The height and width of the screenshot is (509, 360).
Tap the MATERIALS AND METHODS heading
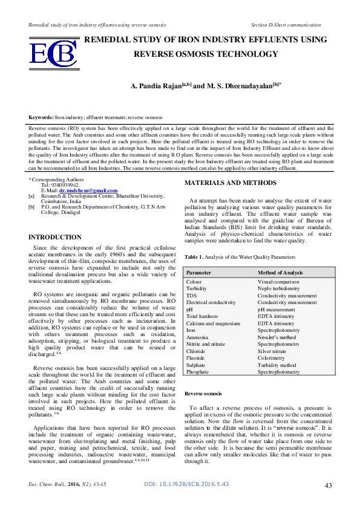(231, 183)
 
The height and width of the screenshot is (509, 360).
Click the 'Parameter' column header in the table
(199, 273)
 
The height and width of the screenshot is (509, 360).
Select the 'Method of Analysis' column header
(280, 273)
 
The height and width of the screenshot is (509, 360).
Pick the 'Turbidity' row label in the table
(197, 290)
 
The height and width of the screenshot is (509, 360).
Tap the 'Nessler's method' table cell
(277, 336)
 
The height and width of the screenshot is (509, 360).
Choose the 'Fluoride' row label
(196, 358)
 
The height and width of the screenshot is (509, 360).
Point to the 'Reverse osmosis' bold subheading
(203, 394)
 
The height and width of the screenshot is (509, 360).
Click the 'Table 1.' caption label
(194, 257)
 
